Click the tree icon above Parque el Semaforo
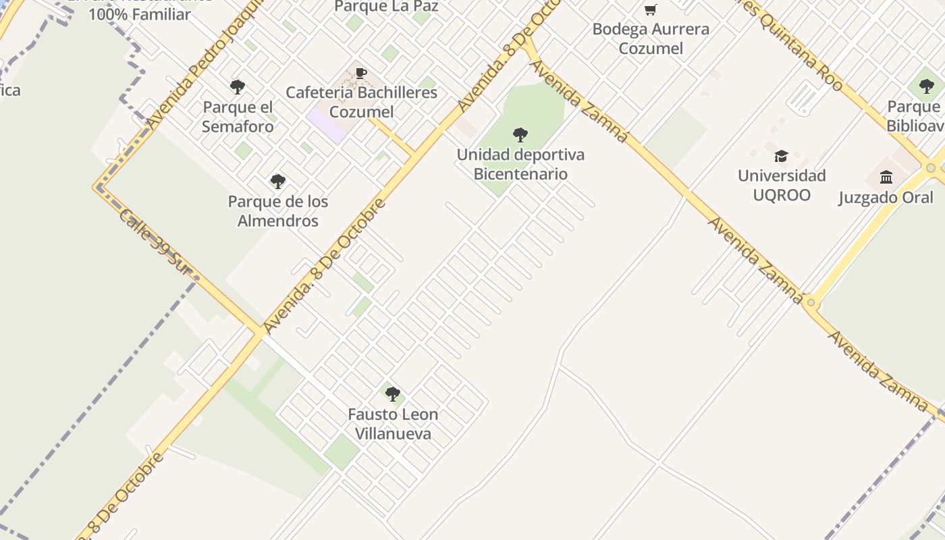pos(237,87)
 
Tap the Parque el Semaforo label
pos(238,117)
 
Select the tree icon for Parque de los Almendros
pos(277,181)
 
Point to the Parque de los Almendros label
pos(278,211)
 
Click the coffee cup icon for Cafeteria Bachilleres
pos(361,73)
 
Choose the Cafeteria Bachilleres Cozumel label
pos(361,102)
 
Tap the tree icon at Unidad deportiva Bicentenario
pos(520,134)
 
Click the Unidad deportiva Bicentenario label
pos(520,164)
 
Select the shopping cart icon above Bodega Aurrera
pos(650,9)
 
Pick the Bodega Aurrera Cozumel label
pos(651,38)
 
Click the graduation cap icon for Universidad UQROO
pos(781,156)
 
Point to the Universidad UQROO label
pos(782,186)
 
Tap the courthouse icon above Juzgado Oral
pos(886,177)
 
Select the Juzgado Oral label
pos(886,198)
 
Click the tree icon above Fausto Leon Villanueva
pos(392,394)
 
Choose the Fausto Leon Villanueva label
pos(393,424)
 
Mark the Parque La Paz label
pos(386,7)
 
